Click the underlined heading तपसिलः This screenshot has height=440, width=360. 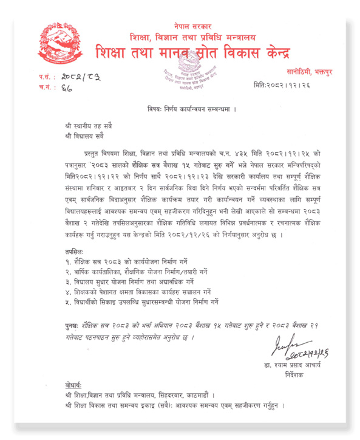[x=76, y=250]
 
